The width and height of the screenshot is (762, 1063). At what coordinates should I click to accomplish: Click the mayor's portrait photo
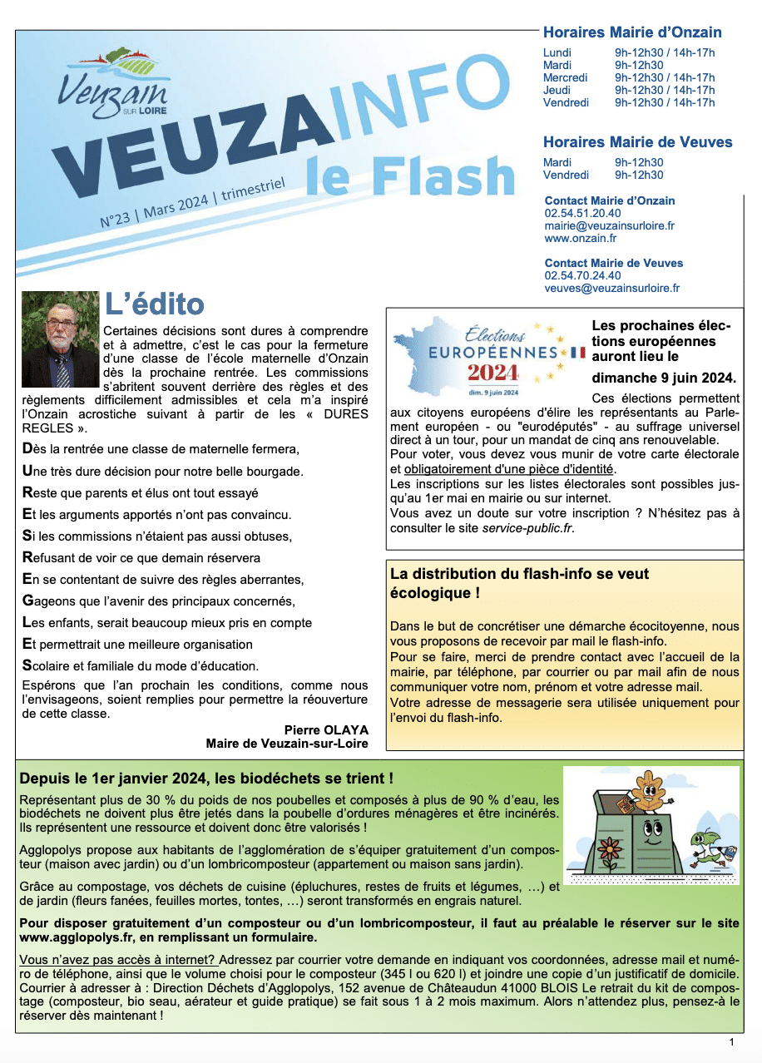coord(60,339)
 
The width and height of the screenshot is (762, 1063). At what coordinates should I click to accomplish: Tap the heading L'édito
coord(154,305)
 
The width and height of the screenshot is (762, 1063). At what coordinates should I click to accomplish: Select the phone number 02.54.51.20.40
coord(582,213)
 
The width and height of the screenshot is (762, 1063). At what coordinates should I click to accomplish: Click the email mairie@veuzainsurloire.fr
coord(609,225)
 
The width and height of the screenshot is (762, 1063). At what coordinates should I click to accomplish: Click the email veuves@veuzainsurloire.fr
coord(612,288)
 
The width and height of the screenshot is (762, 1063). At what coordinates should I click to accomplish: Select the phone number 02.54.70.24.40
coord(582,275)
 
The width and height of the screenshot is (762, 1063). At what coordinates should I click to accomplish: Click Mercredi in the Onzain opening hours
coord(566,77)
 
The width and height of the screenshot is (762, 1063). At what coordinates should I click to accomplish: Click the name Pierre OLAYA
coord(326,729)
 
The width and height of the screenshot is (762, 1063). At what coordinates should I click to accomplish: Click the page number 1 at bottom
coord(731,1041)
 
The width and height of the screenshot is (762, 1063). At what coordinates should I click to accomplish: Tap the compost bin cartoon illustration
coord(651,825)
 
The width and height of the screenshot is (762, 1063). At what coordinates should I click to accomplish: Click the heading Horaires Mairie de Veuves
coord(637,142)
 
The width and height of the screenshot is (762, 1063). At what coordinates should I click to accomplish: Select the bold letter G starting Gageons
coord(27,601)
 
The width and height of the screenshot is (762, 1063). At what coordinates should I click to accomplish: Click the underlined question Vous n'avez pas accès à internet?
coord(117,960)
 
